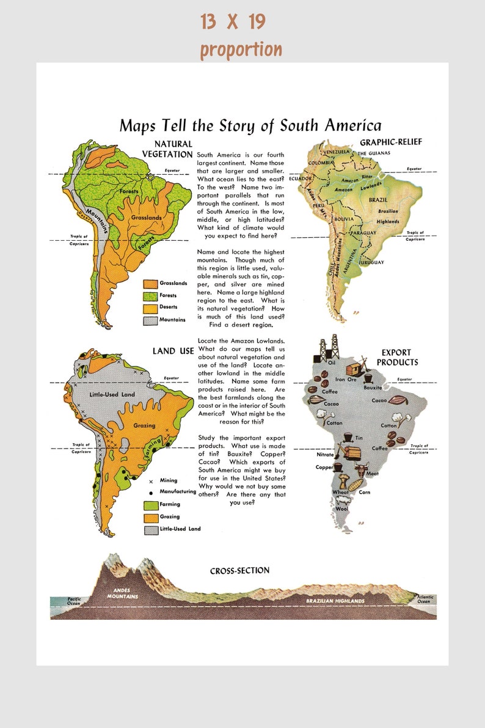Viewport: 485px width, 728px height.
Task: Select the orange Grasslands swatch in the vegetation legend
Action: point(150,284)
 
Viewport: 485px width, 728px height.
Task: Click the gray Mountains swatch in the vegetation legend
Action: point(150,320)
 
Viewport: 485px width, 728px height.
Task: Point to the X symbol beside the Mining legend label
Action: point(150,480)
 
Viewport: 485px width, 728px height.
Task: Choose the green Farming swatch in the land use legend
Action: point(151,505)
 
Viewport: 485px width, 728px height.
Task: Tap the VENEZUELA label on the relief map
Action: point(335,152)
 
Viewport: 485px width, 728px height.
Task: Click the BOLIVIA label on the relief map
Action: point(344,219)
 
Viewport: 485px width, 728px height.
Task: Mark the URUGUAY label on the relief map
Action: point(372,262)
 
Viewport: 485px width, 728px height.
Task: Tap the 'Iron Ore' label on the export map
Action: point(346,380)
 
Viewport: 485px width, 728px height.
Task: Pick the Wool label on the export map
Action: point(341,509)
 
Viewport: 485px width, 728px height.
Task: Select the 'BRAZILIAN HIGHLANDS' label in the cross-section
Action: point(335,601)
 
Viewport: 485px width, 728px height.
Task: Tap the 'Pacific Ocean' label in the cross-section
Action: point(74,601)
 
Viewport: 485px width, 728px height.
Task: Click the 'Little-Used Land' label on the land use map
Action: point(112,394)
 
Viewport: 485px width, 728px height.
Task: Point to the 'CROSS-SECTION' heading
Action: point(239,571)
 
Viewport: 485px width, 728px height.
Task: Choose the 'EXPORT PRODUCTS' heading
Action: point(397,357)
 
